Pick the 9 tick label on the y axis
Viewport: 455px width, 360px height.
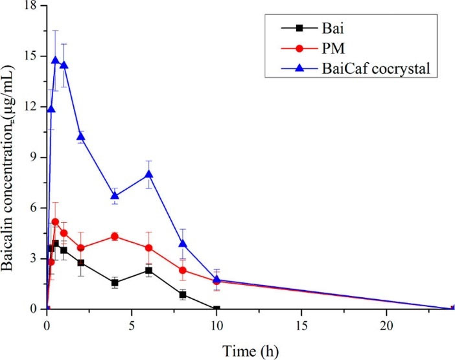point(34,157)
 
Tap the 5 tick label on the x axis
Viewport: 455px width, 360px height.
point(132,323)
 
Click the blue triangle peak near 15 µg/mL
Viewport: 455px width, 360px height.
point(55,61)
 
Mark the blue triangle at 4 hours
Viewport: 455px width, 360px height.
point(115,196)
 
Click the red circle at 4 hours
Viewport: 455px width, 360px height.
point(115,236)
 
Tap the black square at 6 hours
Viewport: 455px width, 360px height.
point(149,270)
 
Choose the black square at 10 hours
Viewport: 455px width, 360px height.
point(216,309)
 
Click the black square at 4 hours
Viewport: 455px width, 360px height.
point(115,283)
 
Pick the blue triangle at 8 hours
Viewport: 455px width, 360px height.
point(183,243)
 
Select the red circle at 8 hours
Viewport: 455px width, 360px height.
point(183,270)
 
